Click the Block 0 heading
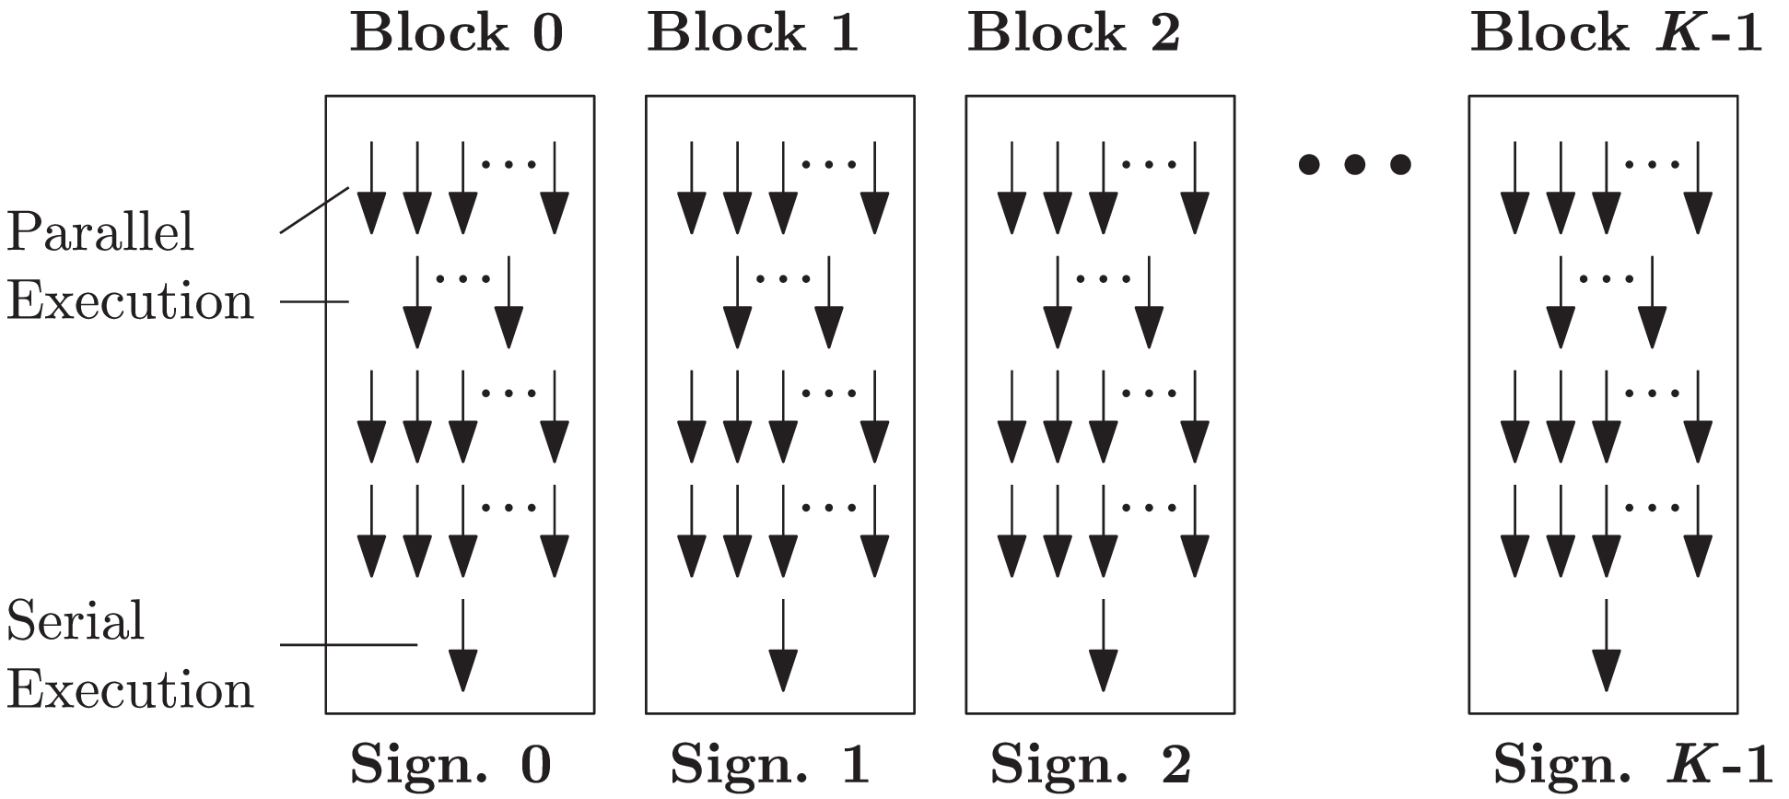point(457,34)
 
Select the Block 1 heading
point(753,34)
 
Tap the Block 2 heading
point(1073,34)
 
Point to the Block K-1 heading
point(1616,34)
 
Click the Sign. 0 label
point(451,764)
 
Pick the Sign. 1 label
point(769,764)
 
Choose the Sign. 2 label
point(1090,764)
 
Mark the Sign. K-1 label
point(1632,764)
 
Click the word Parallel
point(100,232)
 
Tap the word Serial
point(76,620)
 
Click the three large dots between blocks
point(1354,165)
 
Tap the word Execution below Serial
point(130,691)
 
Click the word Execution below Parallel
point(130,302)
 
